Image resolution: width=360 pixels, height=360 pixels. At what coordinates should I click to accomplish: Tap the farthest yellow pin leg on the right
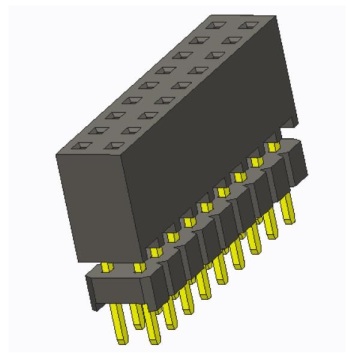click(291, 205)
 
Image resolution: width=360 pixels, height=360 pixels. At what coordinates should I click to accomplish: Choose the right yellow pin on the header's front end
click(138, 268)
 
